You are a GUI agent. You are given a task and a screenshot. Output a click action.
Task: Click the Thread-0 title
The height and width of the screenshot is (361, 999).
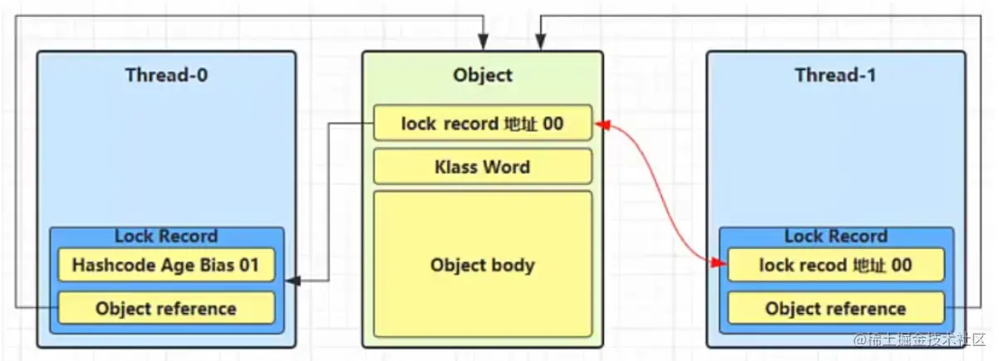click(166, 75)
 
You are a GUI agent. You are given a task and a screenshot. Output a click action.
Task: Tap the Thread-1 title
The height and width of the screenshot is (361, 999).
click(836, 75)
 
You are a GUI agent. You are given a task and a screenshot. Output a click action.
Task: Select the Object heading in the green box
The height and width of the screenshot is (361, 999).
click(482, 75)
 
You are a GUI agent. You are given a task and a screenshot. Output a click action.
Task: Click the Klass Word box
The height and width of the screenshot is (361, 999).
click(482, 167)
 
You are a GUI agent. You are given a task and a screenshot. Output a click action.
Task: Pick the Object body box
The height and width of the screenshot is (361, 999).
click(482, 266)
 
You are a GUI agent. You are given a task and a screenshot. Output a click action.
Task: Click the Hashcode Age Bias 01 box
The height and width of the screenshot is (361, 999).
click(166, 266)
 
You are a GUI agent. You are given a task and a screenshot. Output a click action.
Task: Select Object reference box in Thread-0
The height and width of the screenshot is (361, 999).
click(166, 309)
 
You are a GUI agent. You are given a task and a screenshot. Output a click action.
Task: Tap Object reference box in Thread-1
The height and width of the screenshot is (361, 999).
click(836, 309)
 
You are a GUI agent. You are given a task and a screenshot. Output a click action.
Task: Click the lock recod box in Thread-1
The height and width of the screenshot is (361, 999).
click(836, 266)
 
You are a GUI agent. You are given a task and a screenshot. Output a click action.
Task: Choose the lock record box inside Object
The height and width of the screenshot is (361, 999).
click(482, 124)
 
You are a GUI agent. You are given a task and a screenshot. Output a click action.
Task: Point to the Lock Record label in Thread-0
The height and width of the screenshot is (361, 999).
click(166, 237)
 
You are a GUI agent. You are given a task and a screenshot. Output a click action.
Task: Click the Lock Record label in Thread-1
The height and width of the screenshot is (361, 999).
click(836, 237)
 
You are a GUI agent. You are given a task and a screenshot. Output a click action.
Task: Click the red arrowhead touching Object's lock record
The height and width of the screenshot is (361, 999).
click(601, 125)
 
